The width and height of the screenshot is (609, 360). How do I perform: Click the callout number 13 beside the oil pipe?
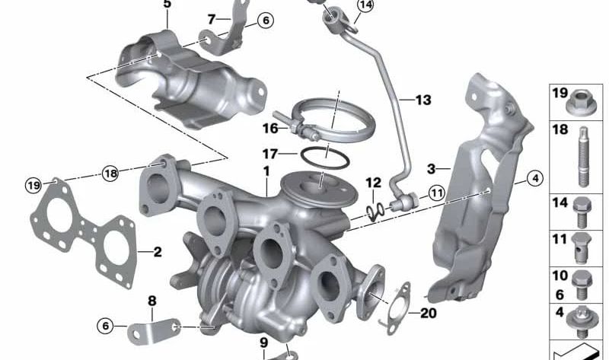[x=423, y=100]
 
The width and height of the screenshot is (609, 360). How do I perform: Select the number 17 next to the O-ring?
[x=270, y=155]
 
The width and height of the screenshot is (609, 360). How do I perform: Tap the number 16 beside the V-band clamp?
[x=271, y=128]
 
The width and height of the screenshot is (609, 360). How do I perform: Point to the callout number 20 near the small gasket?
[x=428, y=313]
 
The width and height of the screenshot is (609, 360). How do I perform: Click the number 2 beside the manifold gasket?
[x=158, y=252]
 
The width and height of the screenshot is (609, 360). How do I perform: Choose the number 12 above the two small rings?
[x=373, y=183]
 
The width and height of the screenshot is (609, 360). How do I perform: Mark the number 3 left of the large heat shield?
[x=431, y=169]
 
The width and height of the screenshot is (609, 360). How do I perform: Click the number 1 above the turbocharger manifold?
[x=266, y=171]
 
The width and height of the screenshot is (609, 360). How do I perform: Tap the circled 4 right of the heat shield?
[x=535, y=179]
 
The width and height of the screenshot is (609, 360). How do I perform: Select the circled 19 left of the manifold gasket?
[x=33, y=185]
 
